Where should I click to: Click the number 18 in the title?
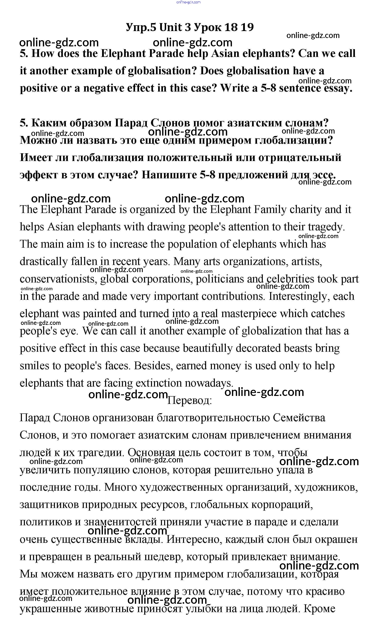point(231,27)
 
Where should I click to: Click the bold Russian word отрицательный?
point(300,158)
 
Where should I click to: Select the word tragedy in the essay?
point(326,227)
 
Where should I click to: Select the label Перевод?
point(189,400)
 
